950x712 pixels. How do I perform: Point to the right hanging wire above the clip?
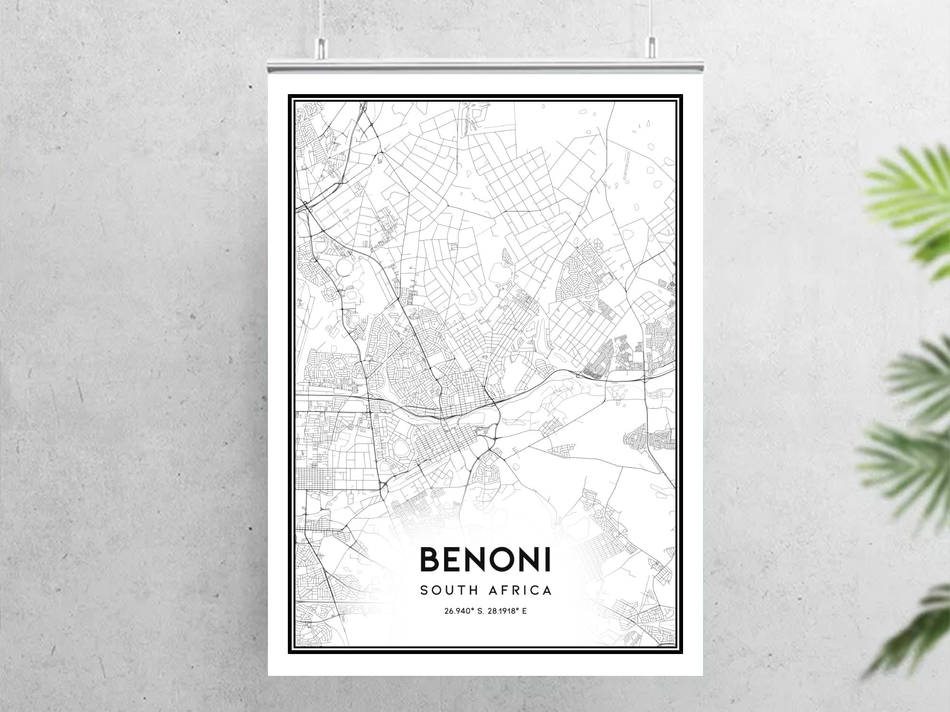651,19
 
